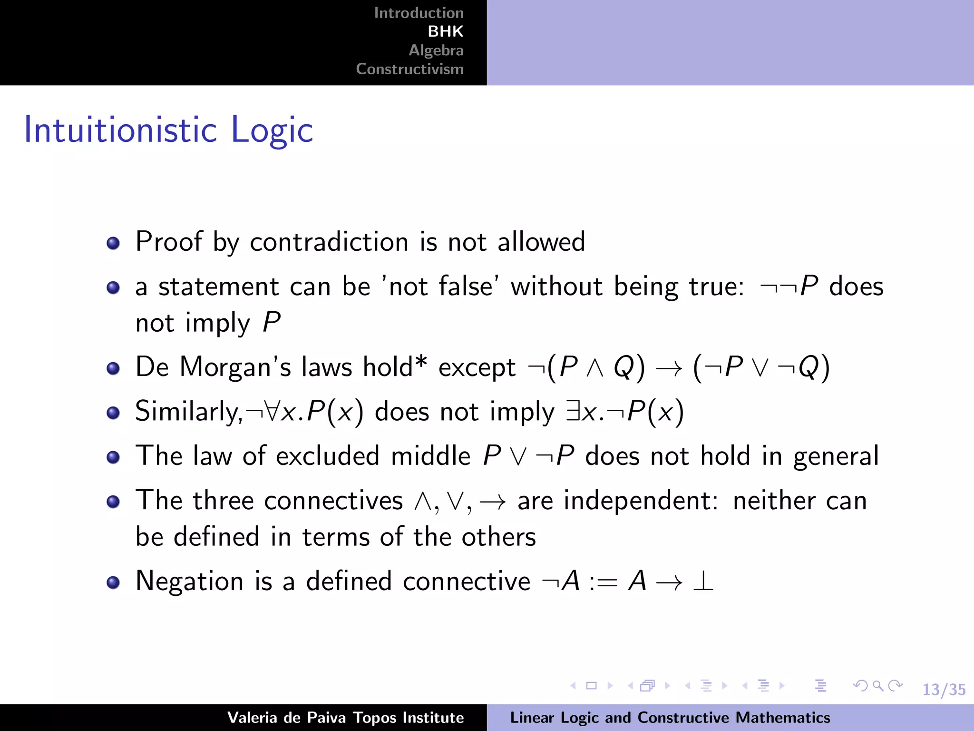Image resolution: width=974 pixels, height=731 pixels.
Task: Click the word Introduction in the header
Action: coord(419,13)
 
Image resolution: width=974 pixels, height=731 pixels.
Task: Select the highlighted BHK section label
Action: coord(445,31)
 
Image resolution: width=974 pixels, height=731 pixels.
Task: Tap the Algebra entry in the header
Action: coord(436,50)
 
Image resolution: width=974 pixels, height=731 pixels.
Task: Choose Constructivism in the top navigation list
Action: coord(409,69)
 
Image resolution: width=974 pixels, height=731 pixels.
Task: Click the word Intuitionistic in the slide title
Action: coord(121,129)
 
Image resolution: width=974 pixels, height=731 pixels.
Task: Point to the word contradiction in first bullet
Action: coord(329,242)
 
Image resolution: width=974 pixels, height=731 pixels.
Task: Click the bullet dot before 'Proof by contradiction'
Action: coord(113,244)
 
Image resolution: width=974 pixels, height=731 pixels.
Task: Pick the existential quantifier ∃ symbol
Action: coord(573,412)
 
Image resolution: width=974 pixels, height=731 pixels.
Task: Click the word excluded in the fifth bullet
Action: coord(328,456)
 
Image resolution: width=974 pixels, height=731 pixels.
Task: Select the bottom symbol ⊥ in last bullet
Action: coord(703,582)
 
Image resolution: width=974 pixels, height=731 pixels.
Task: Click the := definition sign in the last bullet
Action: coord(603,582)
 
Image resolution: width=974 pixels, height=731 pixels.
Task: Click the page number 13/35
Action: coord(944,689)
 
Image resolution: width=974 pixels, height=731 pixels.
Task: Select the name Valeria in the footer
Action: coord(252,718)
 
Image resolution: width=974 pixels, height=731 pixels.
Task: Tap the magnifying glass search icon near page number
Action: coord(878,686)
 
